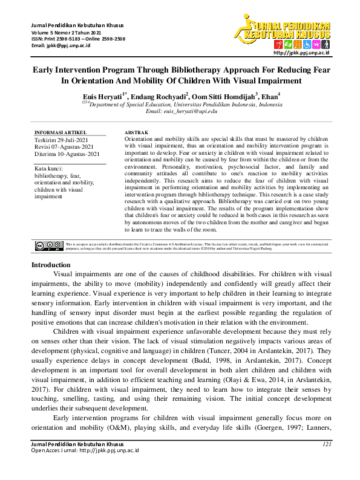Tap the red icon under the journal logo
click(x=278, y=45)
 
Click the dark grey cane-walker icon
click(x=326, y=45)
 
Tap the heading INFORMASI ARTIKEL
click(x=61, y=132)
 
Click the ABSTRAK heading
click(x=136, y=132)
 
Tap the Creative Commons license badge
click(x=48, y=245)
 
